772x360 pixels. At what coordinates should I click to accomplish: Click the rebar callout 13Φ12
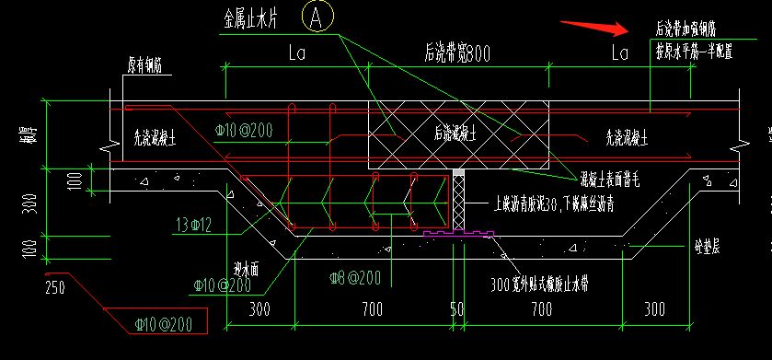pyautogui.click(x=195, y=224)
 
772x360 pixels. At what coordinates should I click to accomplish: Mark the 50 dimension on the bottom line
pyautogui.click(x=456, y=311)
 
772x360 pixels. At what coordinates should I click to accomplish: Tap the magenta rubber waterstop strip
pyautogui.click(x=457, y=236)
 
